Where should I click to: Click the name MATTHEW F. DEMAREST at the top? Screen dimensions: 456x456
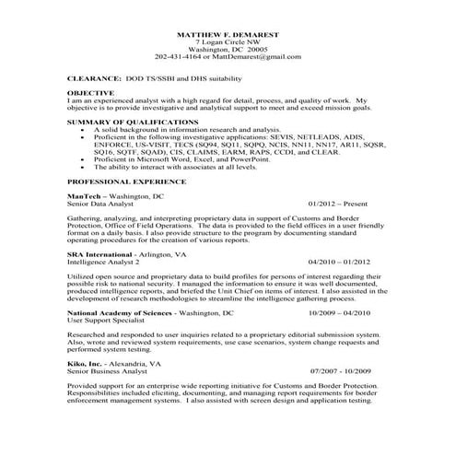pos(228,34)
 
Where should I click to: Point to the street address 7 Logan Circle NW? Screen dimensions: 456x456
pos(228,41)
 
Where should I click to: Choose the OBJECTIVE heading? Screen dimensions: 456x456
pos(91,93)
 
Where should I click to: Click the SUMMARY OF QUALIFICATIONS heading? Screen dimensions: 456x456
pos(128,122)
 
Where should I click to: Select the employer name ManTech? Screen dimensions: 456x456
pos(86,197)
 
